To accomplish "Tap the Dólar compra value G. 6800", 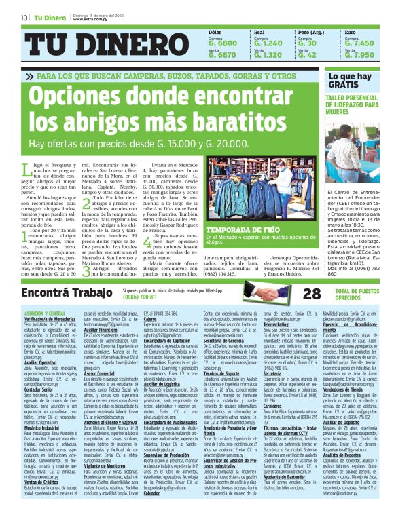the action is pos(223,43).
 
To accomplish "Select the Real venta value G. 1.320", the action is pos(268,55).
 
